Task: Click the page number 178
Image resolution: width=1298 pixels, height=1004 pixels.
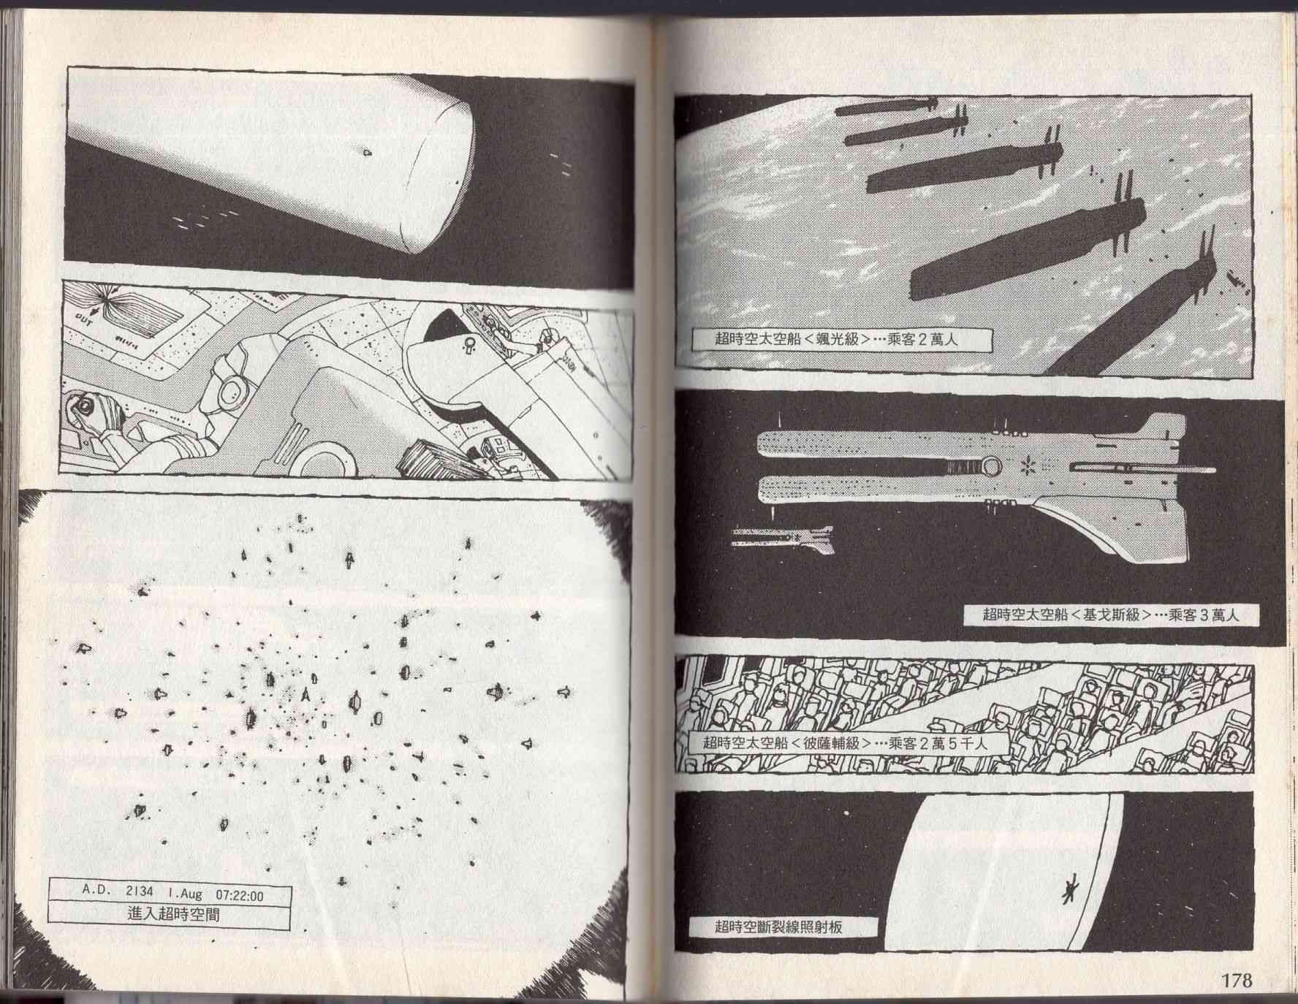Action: pyautogui.click(x=1235, y=978)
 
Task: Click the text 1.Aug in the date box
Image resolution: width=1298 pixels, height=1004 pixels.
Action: pyautogui.click(x=186, y=893)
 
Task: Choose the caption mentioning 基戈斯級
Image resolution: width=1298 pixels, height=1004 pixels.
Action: pyautogui.click(x=1110, y=615)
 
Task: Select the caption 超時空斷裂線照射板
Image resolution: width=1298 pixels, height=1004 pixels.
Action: pyautogui.click(x=778, y=927)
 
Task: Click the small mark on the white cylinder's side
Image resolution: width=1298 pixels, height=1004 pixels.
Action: pyautogui.click(x=367, y=153)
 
